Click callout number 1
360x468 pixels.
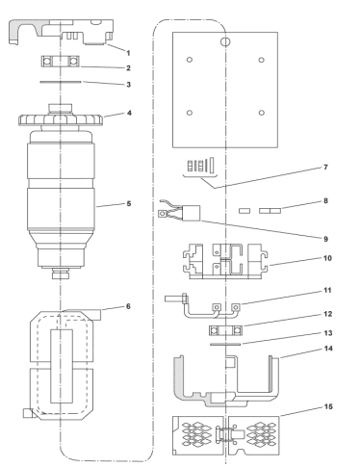(x=128, y=53)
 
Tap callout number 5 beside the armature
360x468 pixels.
(x=129, y=203)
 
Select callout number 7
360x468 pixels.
(x=325, y=168)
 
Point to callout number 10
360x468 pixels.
(x=327, y=258)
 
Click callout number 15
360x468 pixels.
(x=328, y=406)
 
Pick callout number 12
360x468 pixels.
(x=328, y=314)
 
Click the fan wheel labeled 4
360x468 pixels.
(x=61, y=119)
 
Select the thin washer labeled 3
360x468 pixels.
(x=61, y=82)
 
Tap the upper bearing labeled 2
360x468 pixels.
(x=61, y=61)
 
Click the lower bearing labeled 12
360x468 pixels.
(x=225, y=330)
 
